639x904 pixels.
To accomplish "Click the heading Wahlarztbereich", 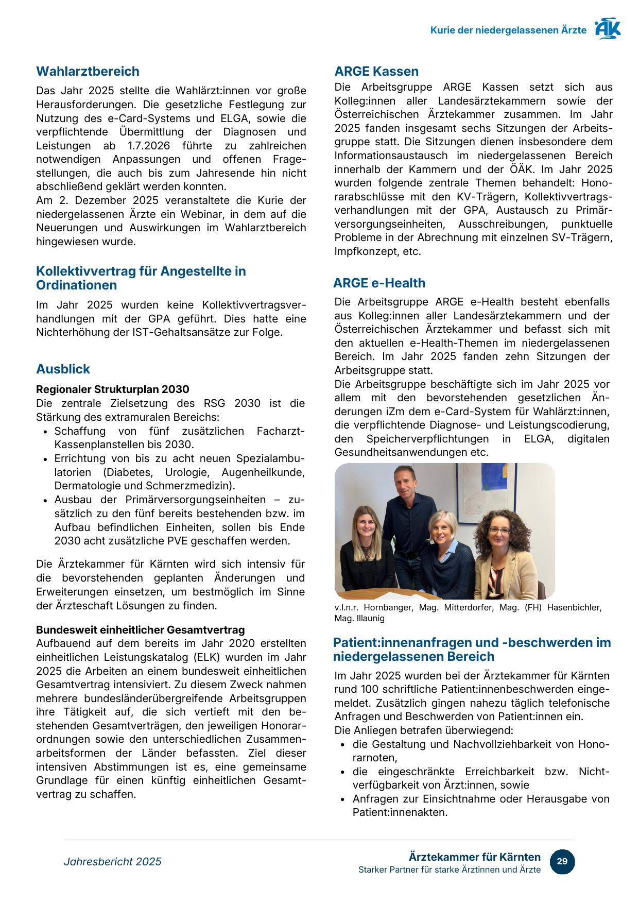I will click(x=88, y=72).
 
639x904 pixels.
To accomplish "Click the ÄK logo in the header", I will click(x=608, y=29).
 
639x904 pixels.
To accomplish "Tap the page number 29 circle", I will click(x=562, y=861).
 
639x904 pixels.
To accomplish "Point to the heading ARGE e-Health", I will click(x=379, y=283).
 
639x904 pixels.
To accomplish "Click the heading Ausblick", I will click(x=63, y=369).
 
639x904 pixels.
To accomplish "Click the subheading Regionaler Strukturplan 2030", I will click(x=112, y=389).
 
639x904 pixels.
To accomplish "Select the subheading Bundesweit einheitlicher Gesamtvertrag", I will click(x=140, y=630).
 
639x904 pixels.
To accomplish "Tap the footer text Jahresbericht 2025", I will click(x=112, y=862).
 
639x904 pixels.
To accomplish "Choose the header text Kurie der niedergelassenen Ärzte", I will click(x=508, y=30).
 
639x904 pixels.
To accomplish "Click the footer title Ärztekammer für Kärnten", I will click(x=474, y=857).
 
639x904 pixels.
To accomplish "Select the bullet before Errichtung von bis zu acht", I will click(x=46, y=459).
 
